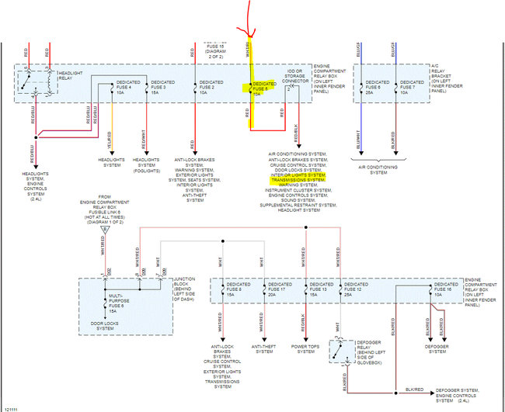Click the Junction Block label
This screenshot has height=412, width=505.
pos(189,286)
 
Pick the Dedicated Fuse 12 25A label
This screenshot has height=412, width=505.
pos(355,289)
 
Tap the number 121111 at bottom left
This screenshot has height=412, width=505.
pos(12,407)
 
